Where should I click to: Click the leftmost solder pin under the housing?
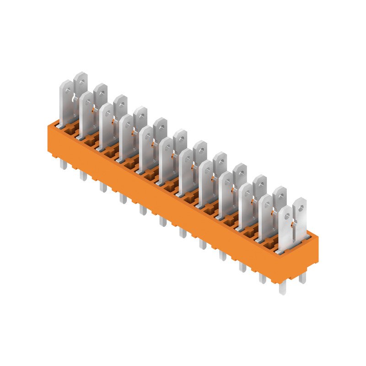[x=63, y=165]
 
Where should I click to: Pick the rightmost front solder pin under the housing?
[x=282, y=289]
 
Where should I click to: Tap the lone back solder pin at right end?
[x=302, y=278]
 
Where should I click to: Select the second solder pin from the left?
[x=83, y=176]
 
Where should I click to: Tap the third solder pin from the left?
[x=103, y=187]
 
